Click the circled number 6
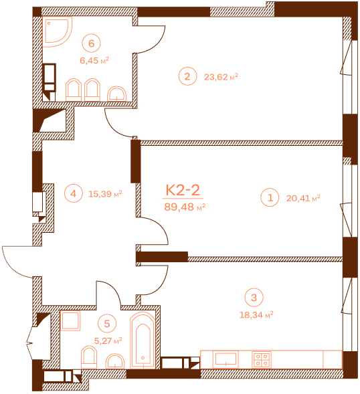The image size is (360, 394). tap(91, 43)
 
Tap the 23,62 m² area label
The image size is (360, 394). tap(221, 77)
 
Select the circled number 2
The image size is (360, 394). tap(187, 76)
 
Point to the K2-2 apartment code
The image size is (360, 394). tap(183, 190)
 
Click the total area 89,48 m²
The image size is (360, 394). tap(185, 207)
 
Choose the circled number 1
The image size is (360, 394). tap(270, 197)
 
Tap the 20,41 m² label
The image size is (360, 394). tap(303, 198)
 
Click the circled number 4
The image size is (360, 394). tap(74, 193)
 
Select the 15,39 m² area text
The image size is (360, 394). tap(105, 194)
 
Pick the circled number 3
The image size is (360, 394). tap(254, 298)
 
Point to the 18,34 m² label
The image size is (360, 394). tap(256, 315)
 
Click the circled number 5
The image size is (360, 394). tap(107, 324)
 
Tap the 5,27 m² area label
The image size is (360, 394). tap(108, 340)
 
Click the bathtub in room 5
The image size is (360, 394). tap(143, 340)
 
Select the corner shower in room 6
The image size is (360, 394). tap(57, 31)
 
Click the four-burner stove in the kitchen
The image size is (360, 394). tap(262, 360)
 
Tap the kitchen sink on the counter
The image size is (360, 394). tap(226, 359)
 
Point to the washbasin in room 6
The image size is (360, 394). tap(116, 94)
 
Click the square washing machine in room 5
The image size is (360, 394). tap(70, 320)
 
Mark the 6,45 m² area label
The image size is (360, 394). tap(94, 61)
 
